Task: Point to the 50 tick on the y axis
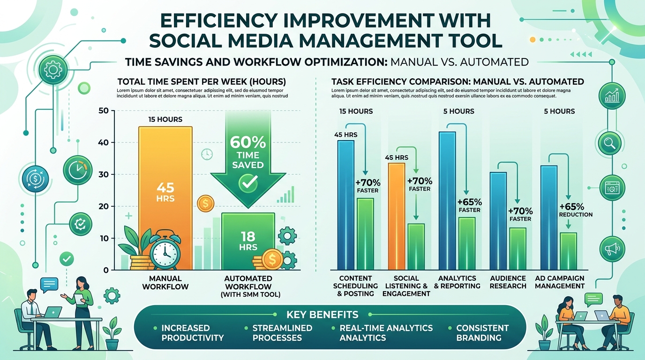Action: [x=104, y=111]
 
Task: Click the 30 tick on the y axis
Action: [x=104, y=174]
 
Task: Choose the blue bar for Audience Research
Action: [x=498, y=220]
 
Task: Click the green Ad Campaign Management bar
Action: [x=568, y=251]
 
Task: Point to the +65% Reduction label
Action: [x=576, y=210]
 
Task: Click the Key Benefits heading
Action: [x=322, y=315]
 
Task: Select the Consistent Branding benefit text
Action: [x=482, y=332]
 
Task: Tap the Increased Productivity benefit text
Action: [x=192, y=332]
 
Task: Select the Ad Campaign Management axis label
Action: [x=560, y=282]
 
